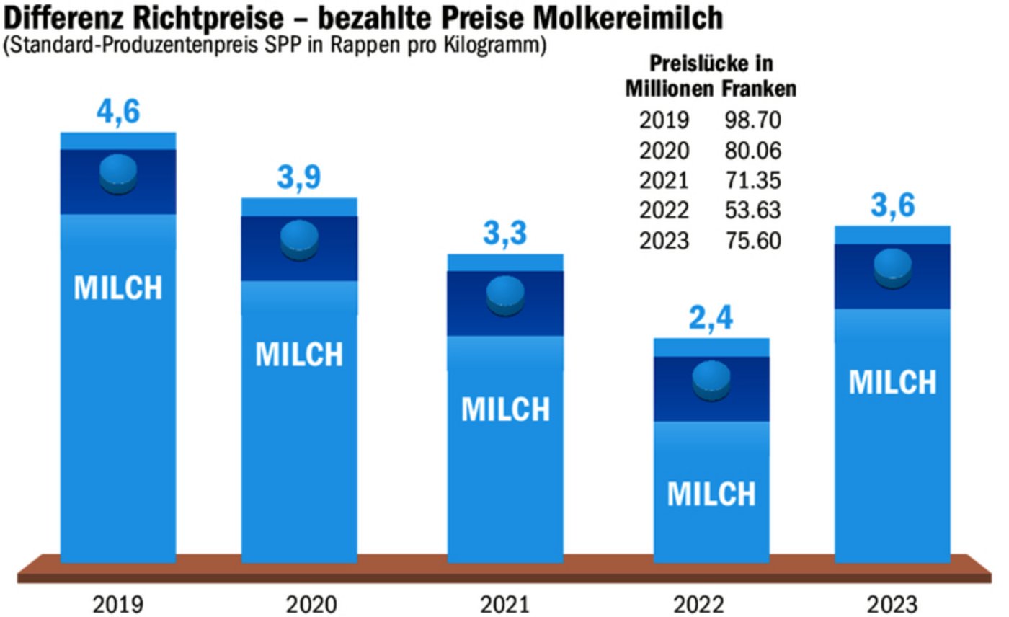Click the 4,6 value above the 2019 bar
tap(119, 113)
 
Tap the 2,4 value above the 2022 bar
tap(711, 318)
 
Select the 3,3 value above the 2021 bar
tap(505, 234)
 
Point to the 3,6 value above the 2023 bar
tap(892, 206)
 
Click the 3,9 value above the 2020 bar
tap(299, 178)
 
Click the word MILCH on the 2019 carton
tap(119, 288)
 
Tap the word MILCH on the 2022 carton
tap(711, 494)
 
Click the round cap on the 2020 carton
tap(299, 239)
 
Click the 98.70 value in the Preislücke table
tap(752, 120)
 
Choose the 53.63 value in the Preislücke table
tap(752, 210)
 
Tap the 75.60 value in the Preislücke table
tap(752, 241)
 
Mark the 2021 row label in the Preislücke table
tap(664, 180)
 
